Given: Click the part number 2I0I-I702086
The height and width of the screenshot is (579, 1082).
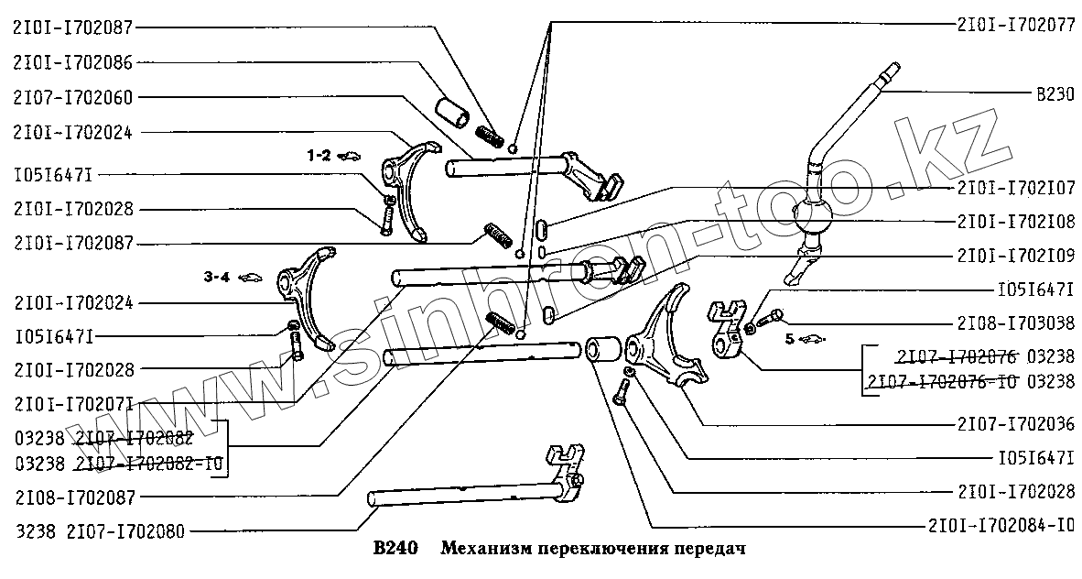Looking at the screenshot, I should coord(72,63).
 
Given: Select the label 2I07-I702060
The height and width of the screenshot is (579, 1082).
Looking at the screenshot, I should coord(72,97).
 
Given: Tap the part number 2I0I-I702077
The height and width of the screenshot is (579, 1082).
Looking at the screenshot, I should coord(1016,26).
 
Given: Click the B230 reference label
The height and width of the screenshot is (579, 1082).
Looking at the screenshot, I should coord(1055,93).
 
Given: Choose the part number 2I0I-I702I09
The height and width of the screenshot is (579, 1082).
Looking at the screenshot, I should coord(1016,256).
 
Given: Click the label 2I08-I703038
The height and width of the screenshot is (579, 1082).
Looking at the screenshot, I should coord(1016,322).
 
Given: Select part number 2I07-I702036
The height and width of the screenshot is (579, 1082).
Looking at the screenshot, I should coord(1016,424).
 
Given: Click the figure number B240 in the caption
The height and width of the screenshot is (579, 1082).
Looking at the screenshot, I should coord(395,550).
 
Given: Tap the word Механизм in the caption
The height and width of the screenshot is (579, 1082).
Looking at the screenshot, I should coord(485,550).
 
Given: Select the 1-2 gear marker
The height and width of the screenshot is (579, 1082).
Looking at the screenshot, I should coord(319,157).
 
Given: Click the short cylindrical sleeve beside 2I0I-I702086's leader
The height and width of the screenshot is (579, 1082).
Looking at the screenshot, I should coord(453,111).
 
